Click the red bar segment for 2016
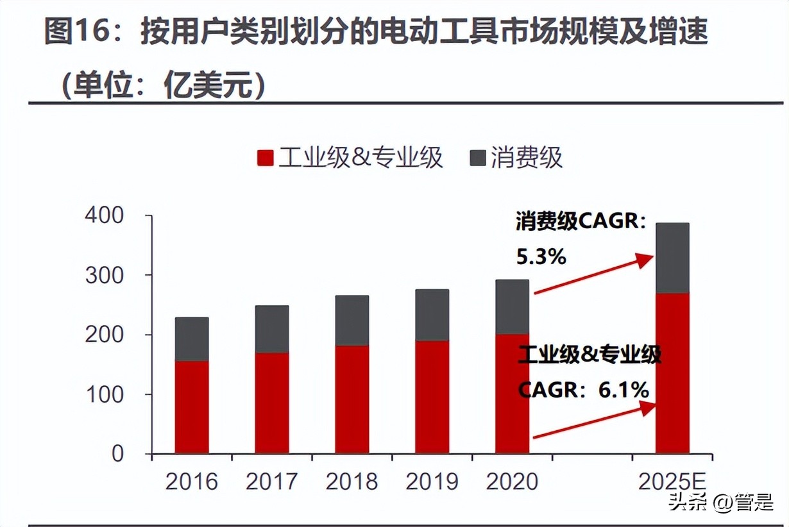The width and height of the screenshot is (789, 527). pos(191,407)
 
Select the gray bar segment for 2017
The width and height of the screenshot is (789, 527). pos(271,329)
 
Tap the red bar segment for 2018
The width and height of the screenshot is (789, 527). pos(352,399)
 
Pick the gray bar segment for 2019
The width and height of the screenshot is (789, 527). pos(432,315)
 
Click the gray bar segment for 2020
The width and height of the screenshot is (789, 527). pos(512,306)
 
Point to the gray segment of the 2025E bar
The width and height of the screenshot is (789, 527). pos(672,258)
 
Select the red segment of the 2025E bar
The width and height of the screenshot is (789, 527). pos(672,373)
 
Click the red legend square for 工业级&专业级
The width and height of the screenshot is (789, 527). pos(266,158)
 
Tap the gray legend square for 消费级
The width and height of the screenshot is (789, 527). pos(478,158)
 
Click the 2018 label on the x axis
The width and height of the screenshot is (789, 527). pos(352,481)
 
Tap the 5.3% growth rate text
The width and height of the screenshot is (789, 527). pos(541,257)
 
